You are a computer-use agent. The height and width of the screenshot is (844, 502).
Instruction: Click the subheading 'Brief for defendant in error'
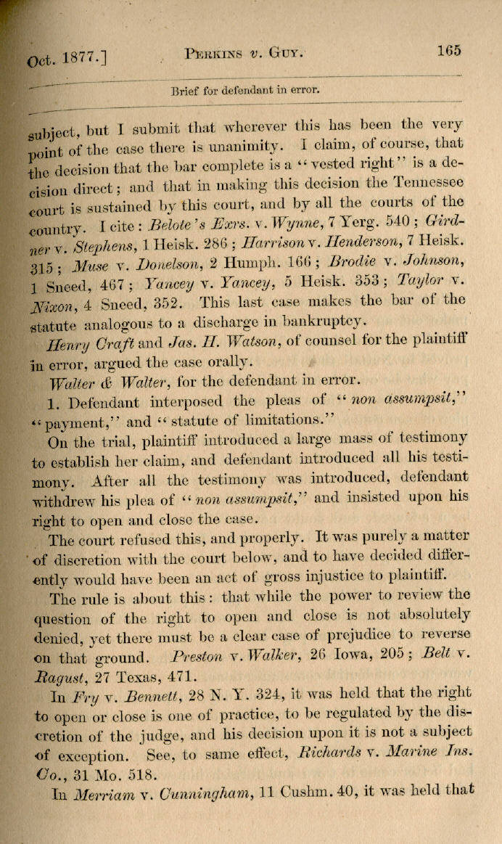(244, 91)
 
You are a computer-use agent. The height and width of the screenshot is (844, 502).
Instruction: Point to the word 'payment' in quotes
(74, 421)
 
